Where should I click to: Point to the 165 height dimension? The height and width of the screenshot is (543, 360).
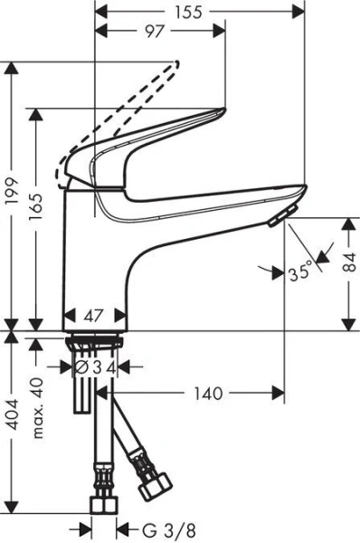[37, 214]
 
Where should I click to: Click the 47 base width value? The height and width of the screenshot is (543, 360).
[94, 317]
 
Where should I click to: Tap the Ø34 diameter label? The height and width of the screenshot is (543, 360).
[94, 367]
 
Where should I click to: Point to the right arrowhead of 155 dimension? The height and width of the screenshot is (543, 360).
[301, 12]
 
